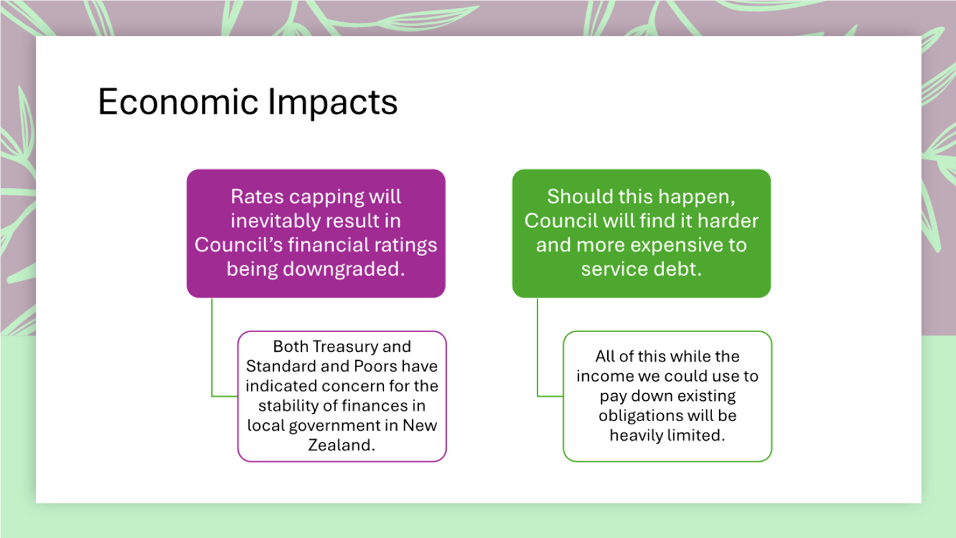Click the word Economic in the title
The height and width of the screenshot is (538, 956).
pyautogui.click(x=178, y=102)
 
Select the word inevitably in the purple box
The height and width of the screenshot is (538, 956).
pyautogui.click(x=284, y=221)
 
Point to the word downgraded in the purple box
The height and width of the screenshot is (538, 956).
pyautogui.click(x=344, y=269)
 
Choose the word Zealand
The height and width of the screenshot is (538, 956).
pyautogui.click(x=341, y=445)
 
